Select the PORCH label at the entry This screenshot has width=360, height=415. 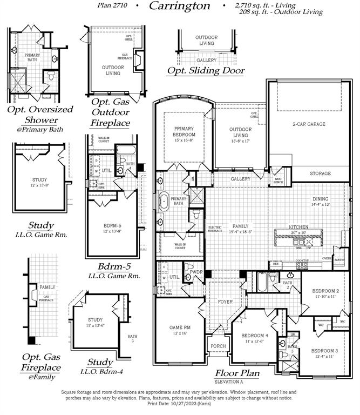tap(218, 346)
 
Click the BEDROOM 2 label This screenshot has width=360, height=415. tap(325, 290)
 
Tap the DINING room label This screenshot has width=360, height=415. tap(320, 198)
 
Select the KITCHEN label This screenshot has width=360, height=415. tap(298, 227)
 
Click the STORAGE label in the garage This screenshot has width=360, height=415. tap(321, 173)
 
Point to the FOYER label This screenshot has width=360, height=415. tap(225, 302)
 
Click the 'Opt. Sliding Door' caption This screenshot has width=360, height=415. tap(206, 70)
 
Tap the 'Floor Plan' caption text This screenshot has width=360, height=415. tap(237, 373)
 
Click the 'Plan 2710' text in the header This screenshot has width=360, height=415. tap(111, 6)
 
